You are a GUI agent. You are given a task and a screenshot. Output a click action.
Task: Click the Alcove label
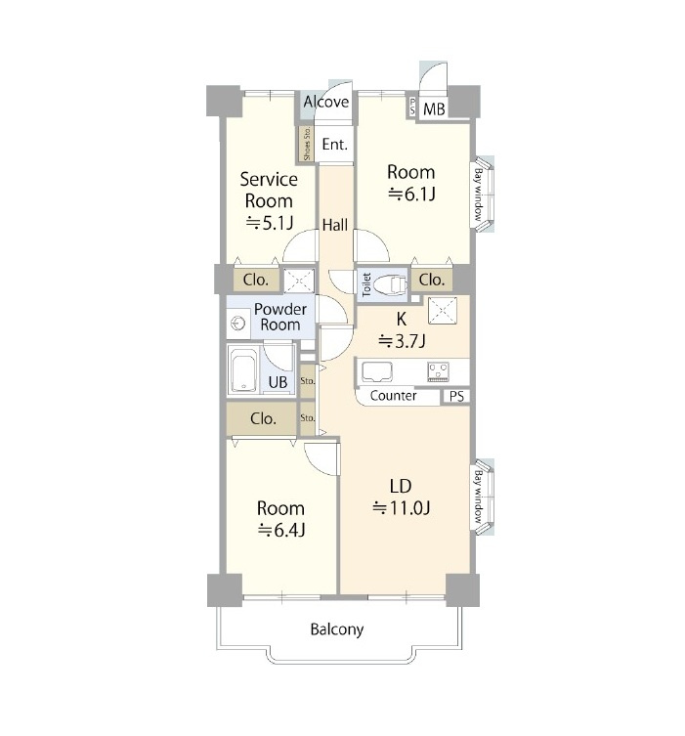(x=326, y=102)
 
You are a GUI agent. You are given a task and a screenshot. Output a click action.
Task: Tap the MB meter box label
(x=434, y=109)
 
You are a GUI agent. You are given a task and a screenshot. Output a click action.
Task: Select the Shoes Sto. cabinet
(x=307, y=144)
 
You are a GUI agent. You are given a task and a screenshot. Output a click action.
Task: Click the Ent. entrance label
(x=334, y=144)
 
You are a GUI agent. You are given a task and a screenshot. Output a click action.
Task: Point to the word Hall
(x=335, y=225)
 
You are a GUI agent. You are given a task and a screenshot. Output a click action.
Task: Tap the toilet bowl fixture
(x=391, y=283)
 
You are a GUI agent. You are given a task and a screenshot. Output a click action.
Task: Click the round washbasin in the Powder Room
(x=238, y=324)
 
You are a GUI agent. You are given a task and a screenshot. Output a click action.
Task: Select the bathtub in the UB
(x=243, y=369)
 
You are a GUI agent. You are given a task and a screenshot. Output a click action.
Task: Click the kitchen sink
(x=377, y=371)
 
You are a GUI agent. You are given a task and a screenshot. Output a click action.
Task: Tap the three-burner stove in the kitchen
(x=438, y=371)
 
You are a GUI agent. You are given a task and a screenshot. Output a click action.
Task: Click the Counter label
(x=393, y=396)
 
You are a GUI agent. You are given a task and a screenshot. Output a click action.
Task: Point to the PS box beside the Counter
(x=456, y=397)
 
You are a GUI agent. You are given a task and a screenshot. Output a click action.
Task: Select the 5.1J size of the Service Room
(x=270, y=223)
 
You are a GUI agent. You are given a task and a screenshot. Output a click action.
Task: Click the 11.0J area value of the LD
(x=402, y=508)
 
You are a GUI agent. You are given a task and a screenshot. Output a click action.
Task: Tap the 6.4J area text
(x=281, y=531)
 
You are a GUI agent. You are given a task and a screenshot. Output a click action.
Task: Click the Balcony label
(x=337, y=629)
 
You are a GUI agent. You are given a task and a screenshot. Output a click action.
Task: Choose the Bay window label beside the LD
(x=478, y=498)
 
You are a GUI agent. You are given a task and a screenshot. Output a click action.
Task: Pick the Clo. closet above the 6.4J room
(x=262, y=418)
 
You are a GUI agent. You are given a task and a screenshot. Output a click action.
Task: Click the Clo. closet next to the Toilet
(x=432, y=281)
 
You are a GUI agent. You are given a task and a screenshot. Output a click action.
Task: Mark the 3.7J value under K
(x=402, y=341)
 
